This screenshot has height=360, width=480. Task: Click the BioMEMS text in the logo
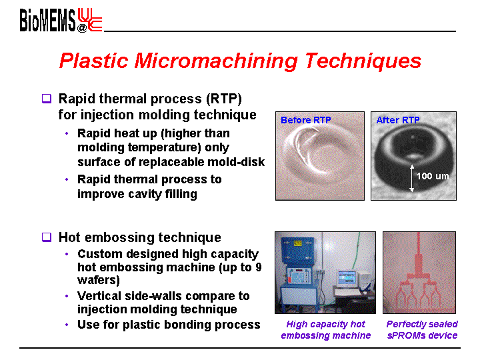click(x=47, y=20)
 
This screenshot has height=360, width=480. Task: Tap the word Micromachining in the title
click(x=216, y=60)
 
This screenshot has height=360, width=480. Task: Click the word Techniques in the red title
click(x=363, y=61)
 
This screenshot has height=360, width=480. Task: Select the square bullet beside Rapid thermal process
click(x=47, y=99)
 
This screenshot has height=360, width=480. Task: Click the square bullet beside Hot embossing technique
click(x=47, y=237)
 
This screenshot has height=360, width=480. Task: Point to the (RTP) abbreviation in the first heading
click(x=224, y=99)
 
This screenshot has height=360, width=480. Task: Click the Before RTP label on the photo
click(x=306, y=120)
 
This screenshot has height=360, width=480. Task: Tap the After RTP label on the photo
click(x=398, y=120)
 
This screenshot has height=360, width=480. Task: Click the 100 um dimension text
click(x=433, y=176)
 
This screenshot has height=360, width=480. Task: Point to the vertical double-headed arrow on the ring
click(x=412, y=178)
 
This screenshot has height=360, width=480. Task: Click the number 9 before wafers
click(x=259, y=267)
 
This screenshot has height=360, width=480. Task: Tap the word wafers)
click(x=99, y=280)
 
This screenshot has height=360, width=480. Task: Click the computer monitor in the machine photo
click(x=347, y=279)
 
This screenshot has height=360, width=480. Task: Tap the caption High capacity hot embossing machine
click(x=326, y=330)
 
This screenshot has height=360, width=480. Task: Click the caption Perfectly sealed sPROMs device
click(x=422, y=330)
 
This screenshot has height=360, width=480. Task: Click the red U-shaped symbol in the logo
click(x=89, y=19)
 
